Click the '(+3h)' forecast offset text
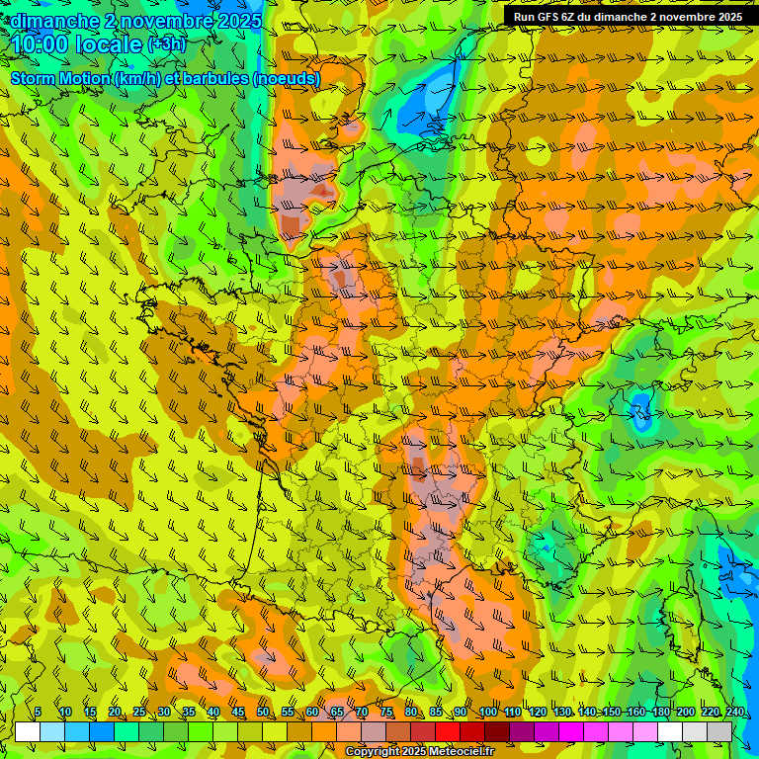tap(165, 45)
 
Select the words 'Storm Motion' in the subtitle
tap(60, 79)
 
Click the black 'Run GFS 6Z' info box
tap(629, 17)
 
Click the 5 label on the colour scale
tap(38, 713)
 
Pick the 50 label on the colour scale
tap(263, 713)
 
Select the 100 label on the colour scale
tap(487, 713)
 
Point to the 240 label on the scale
tap(735, 713)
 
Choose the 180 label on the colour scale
tap(660, 713)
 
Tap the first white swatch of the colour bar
tap(28, 731)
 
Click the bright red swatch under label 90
tap(448, 731)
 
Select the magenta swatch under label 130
tap(571, 731)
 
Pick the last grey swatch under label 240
tap(719, 731)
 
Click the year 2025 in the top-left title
tap(235, 21)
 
